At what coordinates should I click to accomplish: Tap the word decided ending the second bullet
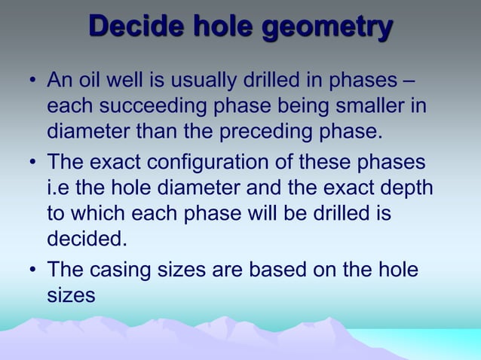coord(83,241)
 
